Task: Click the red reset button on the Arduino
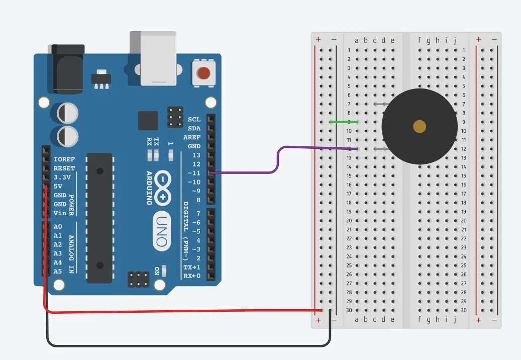pos(203,73)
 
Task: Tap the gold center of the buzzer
pos(419,126)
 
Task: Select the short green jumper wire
pos(343,122)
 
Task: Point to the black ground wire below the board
pos(191,345)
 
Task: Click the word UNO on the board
pos(160,232)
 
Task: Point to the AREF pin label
pos(192,137)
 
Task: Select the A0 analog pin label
pos(58,227)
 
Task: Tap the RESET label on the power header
pos(64,168)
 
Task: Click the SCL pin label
pos(194,120)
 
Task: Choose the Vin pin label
pos(60,213)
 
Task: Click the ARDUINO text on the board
pos(149,188)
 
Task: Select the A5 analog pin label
pos(58,272)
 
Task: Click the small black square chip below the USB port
pos(148,121)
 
